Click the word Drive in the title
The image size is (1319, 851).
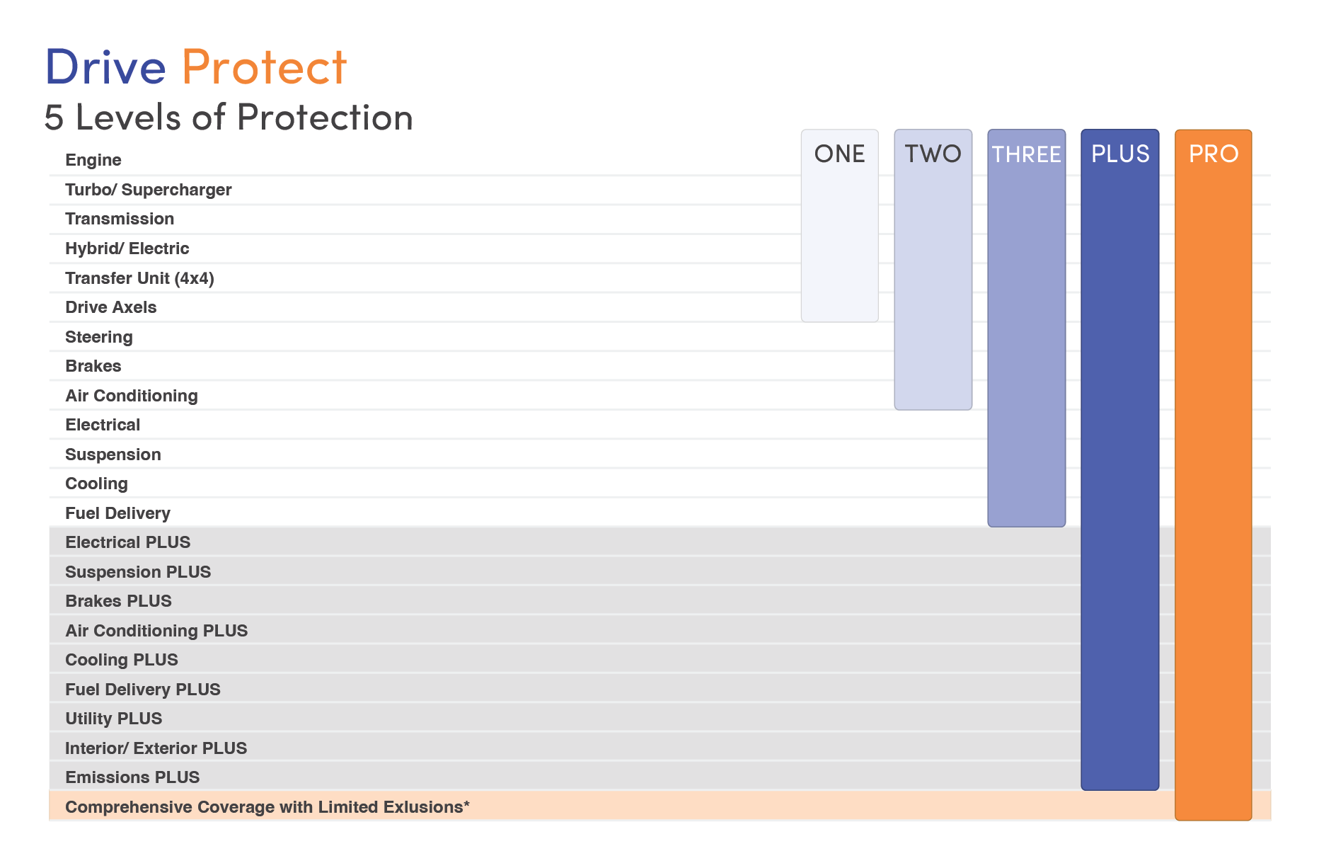click(105, 67)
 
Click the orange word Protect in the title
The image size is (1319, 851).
click(264, 67)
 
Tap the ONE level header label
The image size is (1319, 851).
click(839, 154)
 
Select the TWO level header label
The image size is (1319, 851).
click(933, 154)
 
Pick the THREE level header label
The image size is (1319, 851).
click(1026, 154)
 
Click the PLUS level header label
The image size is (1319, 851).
click(1120, 154)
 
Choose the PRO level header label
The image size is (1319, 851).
click(1213, 154)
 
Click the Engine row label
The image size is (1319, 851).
click(93, 160)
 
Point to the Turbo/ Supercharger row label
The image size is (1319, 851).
click(149, 190)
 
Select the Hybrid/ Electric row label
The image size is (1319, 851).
click(127, 249)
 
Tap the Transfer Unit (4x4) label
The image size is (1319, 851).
click(139, 278)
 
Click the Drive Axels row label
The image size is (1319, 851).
click(111, 307)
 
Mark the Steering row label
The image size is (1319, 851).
click(99, 337)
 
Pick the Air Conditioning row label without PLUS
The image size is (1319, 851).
click(132, 396)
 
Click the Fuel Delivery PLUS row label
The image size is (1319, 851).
click(143, 690)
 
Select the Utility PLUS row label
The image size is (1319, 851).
click(114, 719)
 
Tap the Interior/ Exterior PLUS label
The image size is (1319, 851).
click(156, 748)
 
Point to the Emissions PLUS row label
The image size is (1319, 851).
click(132, 777)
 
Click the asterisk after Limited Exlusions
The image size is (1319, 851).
click(467, 804)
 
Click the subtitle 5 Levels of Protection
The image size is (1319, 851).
click(229, 118)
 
